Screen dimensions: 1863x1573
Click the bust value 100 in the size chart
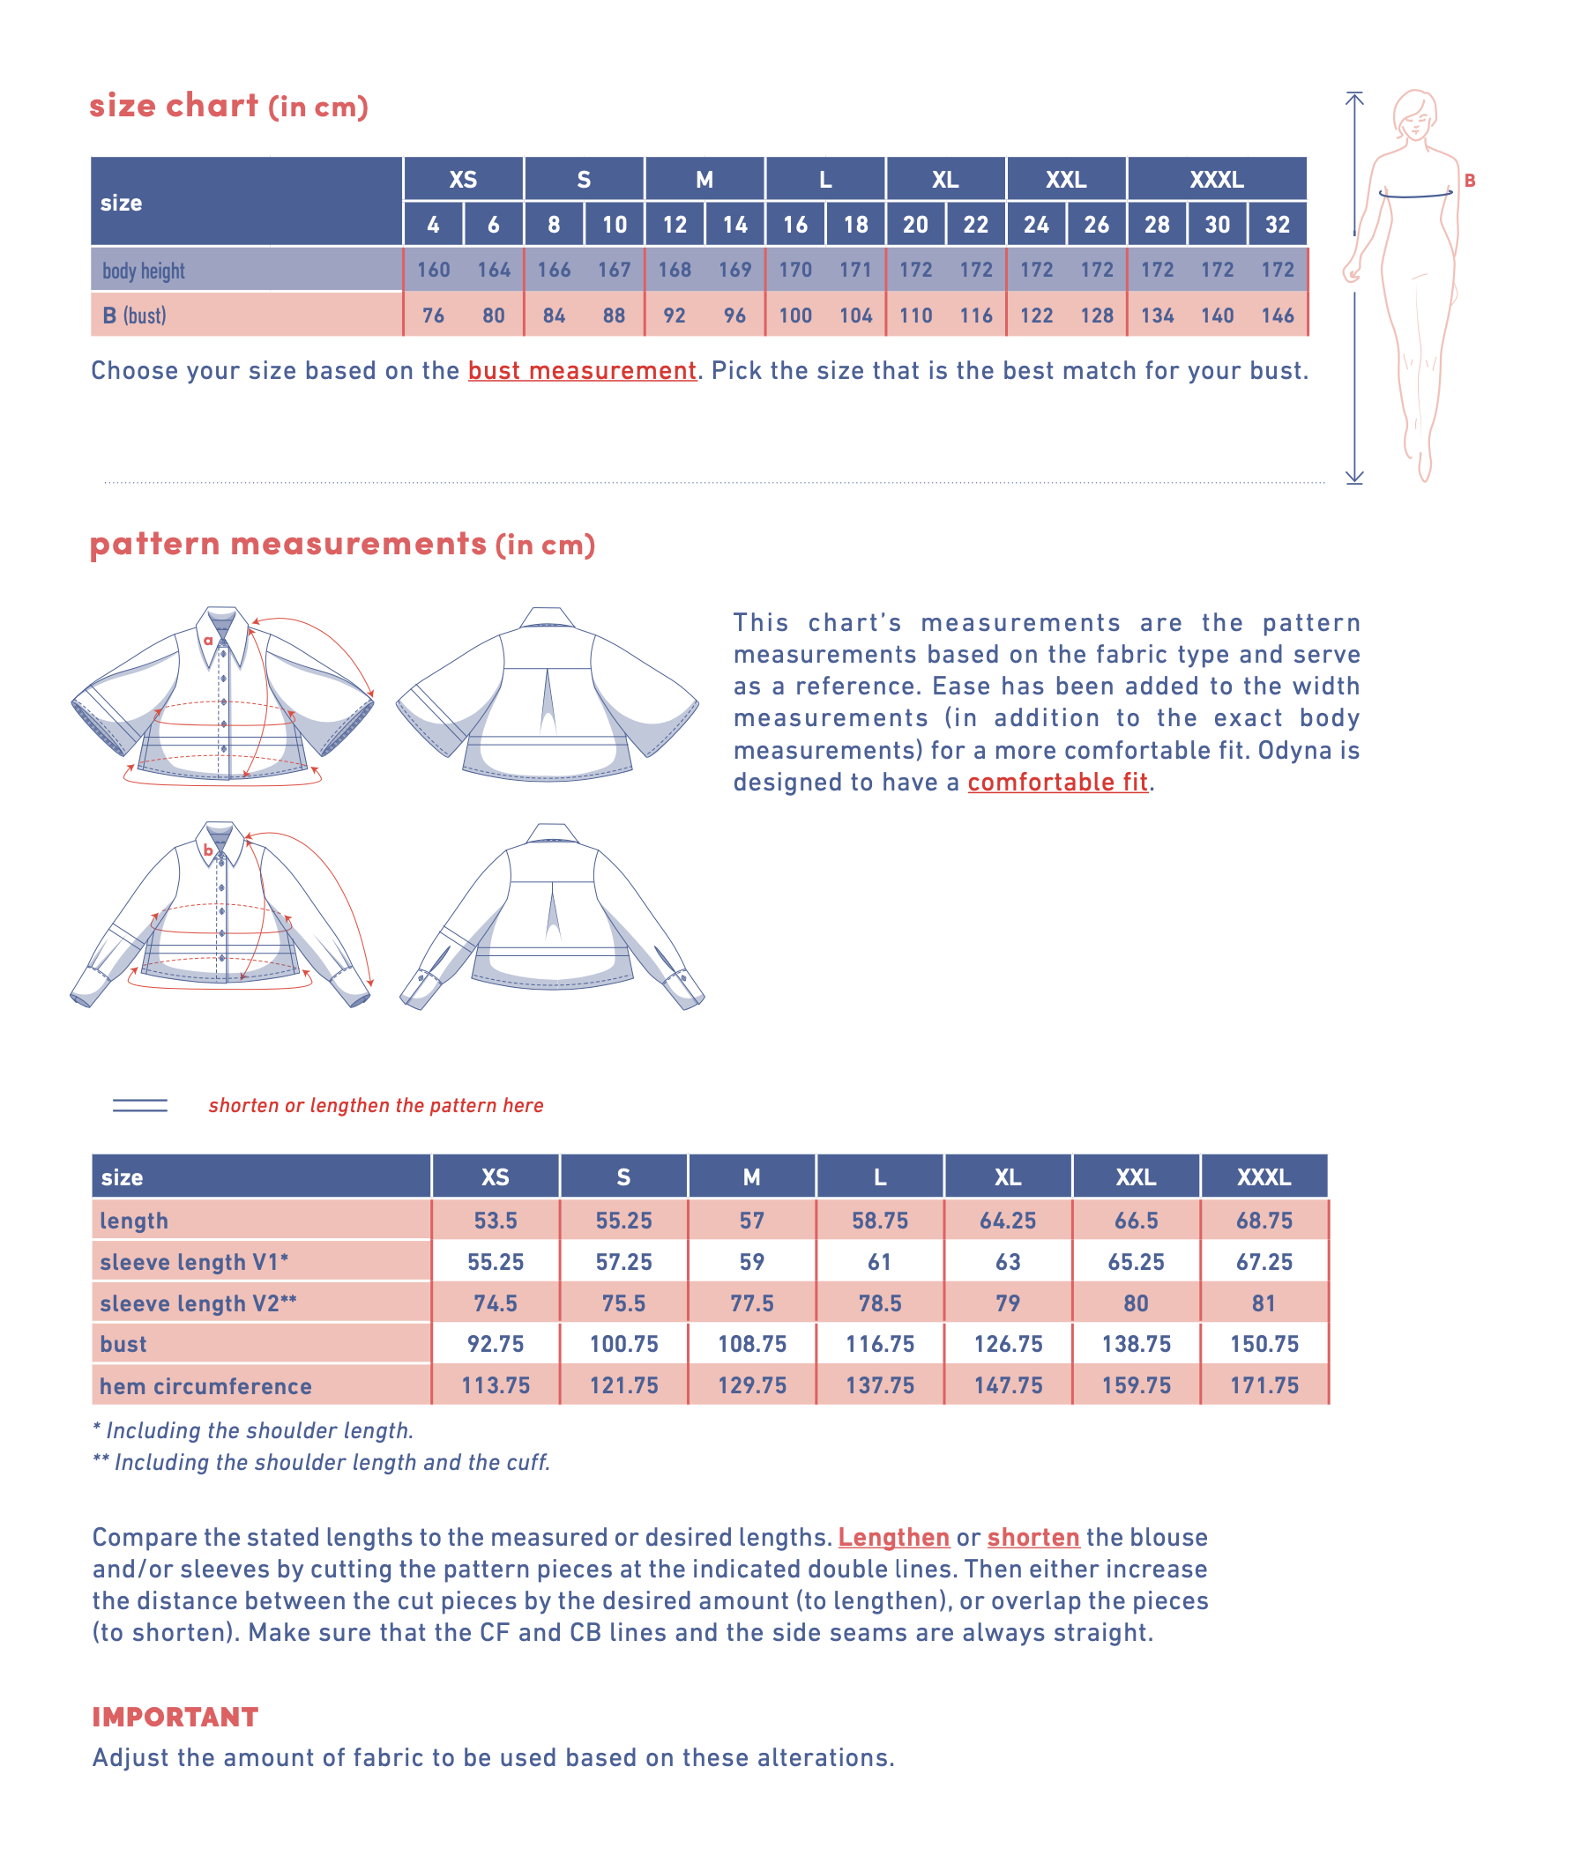(794, 315)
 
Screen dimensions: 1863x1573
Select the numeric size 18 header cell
(855, 225)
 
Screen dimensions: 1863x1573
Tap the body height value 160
(434, 270)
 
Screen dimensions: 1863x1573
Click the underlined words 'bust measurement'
(581, 371)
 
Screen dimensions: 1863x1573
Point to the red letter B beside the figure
(1470, 181)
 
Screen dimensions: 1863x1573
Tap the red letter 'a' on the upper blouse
(208, 640)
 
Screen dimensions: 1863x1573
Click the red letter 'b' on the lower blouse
(208, 850)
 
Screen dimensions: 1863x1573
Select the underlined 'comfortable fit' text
(1057, 783)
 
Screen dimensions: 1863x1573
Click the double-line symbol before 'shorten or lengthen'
(140, 1105)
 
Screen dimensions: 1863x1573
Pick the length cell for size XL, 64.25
(1008, 1221)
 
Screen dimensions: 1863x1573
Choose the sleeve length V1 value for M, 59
(752, 1262)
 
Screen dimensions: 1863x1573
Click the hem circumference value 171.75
(1264, 1385)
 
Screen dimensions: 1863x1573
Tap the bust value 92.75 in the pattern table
(495, 1344)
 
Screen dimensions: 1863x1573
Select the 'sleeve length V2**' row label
(198, 1303)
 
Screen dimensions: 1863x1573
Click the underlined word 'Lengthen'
(893, 1538)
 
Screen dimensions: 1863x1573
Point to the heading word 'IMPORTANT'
(175, 1717)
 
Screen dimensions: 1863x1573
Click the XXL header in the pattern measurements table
(1135, 1177)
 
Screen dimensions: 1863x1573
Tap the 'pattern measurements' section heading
(288, 544)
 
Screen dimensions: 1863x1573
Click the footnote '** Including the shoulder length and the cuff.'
(321, 1463)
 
